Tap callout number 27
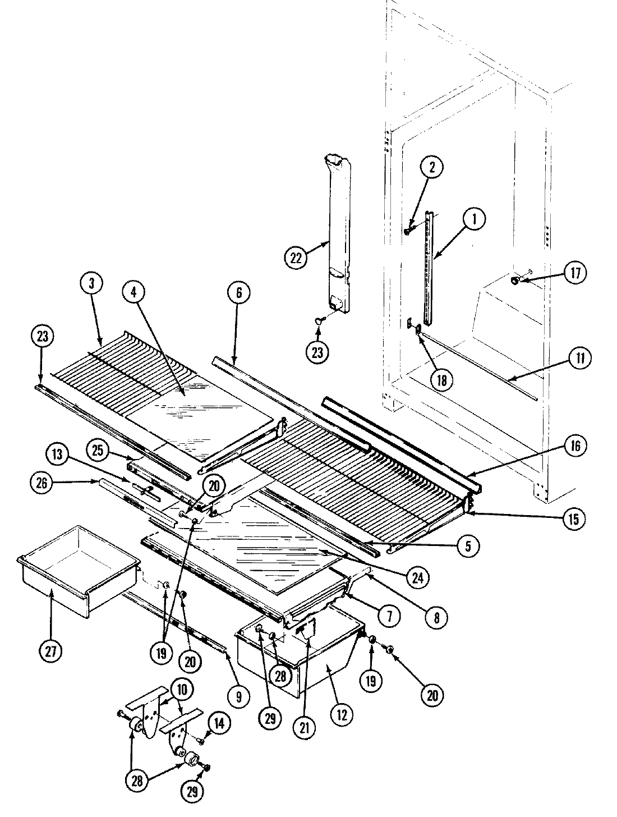pos(52,653)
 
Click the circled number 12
pos(343,714)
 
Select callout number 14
pos(220,724)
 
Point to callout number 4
pos(137,292)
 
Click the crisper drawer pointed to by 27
pos(79,567)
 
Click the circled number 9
pos(238,696)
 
